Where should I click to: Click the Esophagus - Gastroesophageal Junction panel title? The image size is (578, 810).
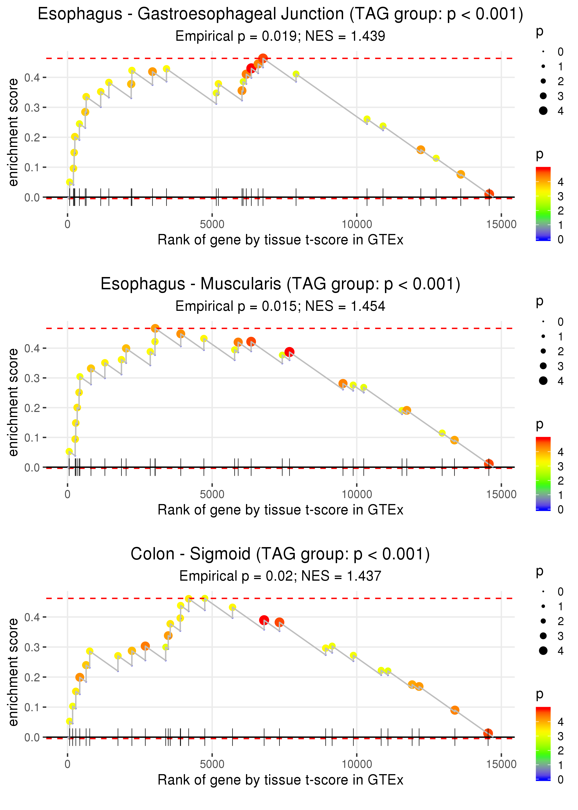280,14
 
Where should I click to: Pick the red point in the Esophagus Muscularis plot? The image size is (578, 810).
289,352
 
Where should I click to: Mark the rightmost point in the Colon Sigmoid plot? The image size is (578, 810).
488,733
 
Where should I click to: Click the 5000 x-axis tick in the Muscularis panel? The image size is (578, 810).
212,494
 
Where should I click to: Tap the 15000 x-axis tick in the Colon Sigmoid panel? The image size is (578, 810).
501,764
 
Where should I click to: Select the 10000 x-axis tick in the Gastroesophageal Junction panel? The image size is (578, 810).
357,224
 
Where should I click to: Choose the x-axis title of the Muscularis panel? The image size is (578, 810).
280,510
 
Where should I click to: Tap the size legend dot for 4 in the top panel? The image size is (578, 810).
543,111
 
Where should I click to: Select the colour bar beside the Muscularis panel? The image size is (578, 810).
543,474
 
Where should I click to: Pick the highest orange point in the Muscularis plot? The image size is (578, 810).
155,328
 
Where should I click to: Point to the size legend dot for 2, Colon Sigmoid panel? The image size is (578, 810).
543,621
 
